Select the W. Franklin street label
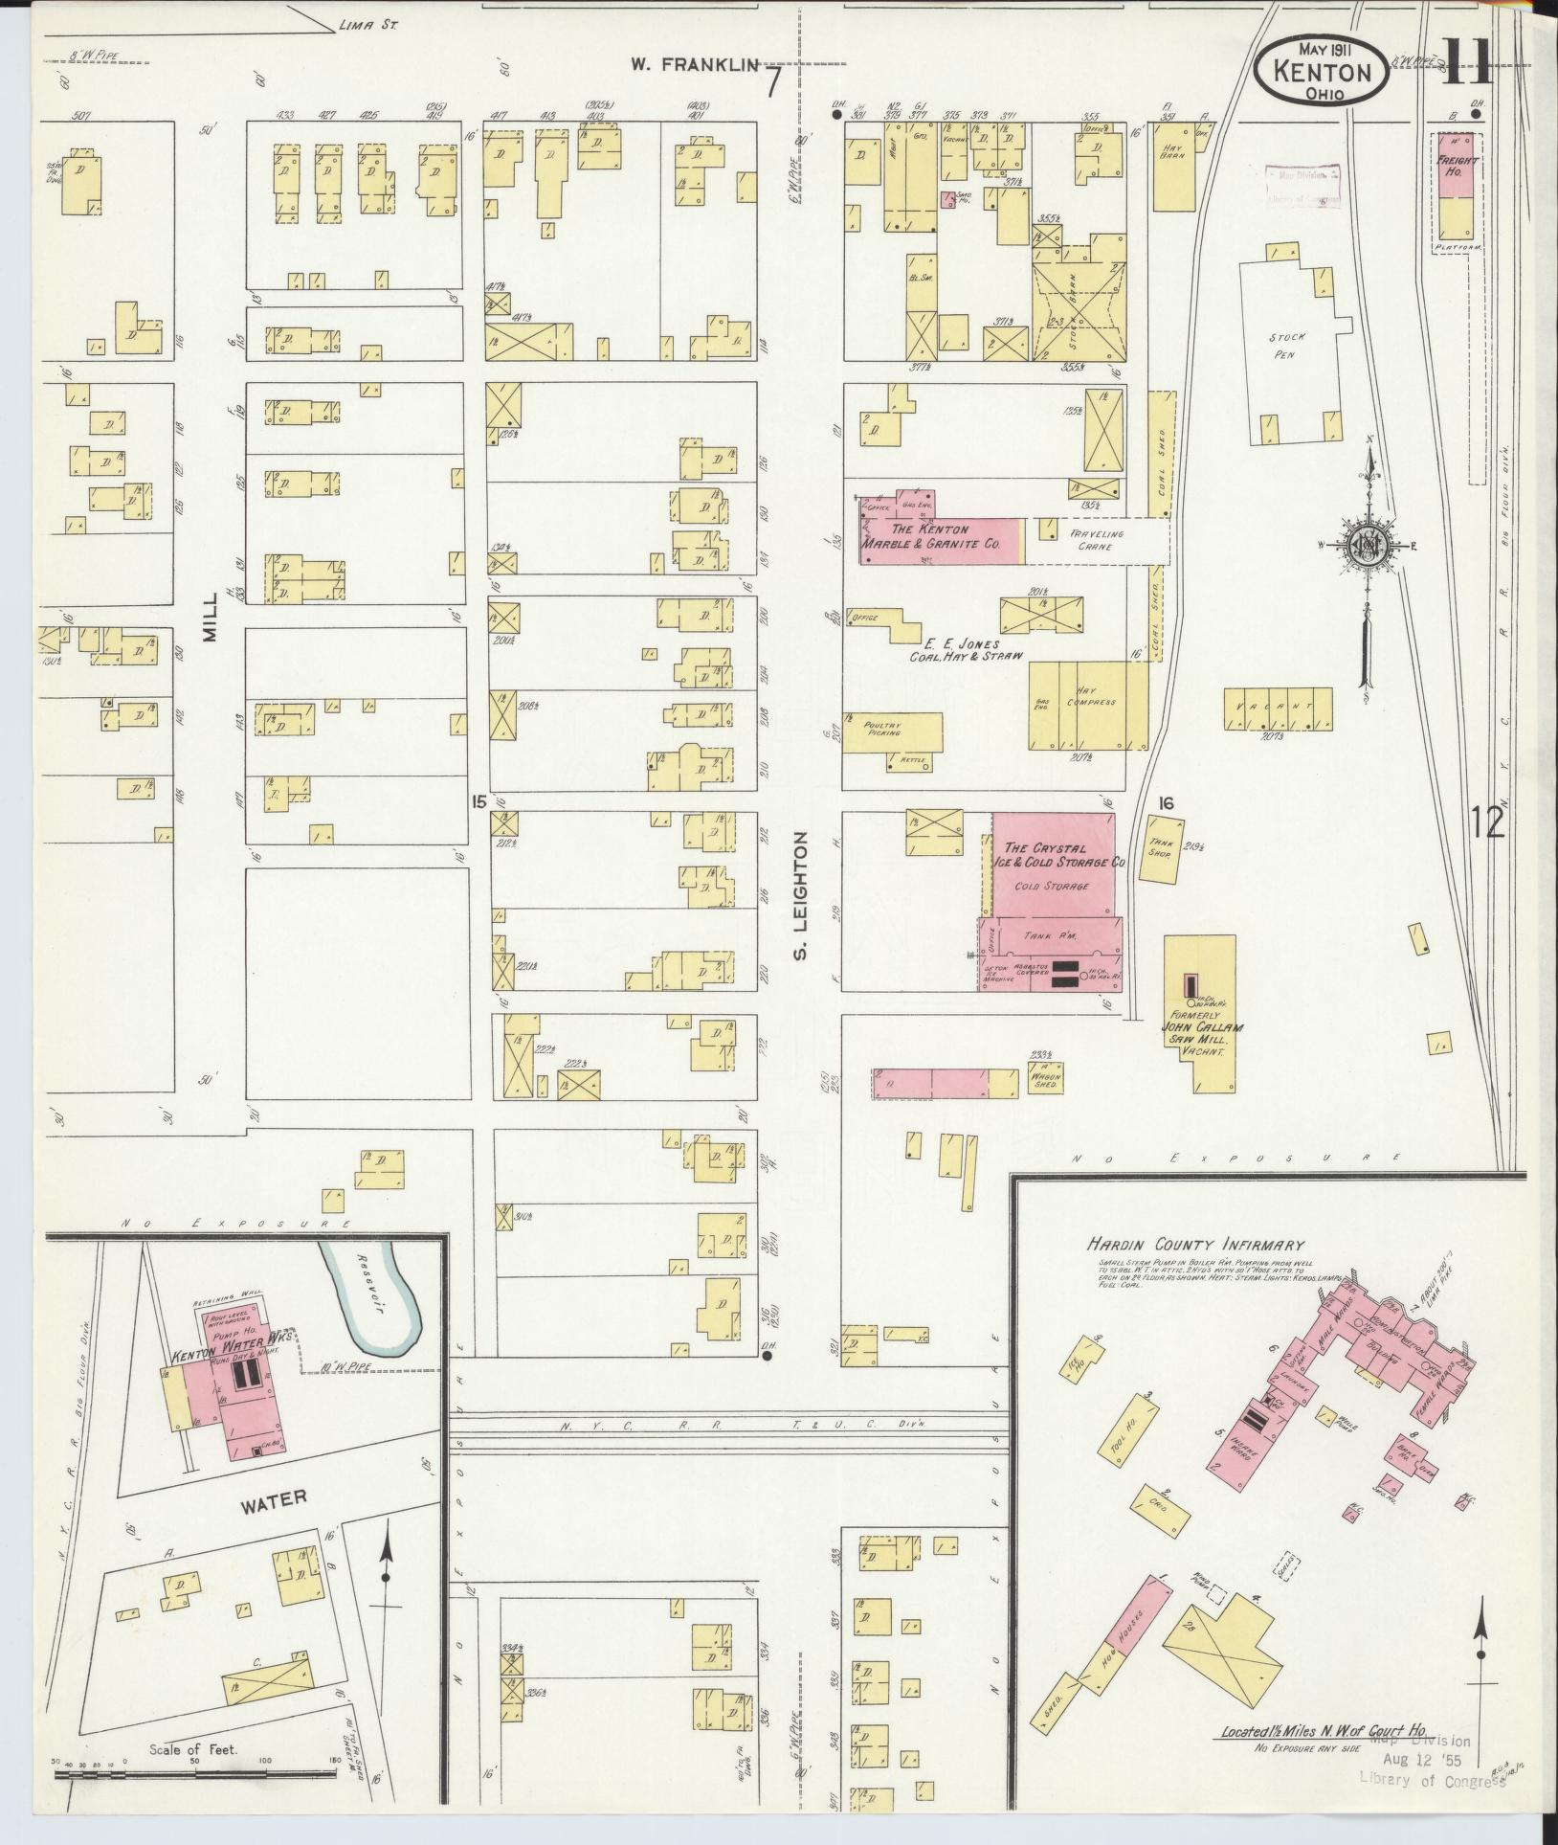(694, 65)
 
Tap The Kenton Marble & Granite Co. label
(930, 536)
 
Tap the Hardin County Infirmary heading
(1194, 1245)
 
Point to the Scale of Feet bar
(196, 1773)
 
